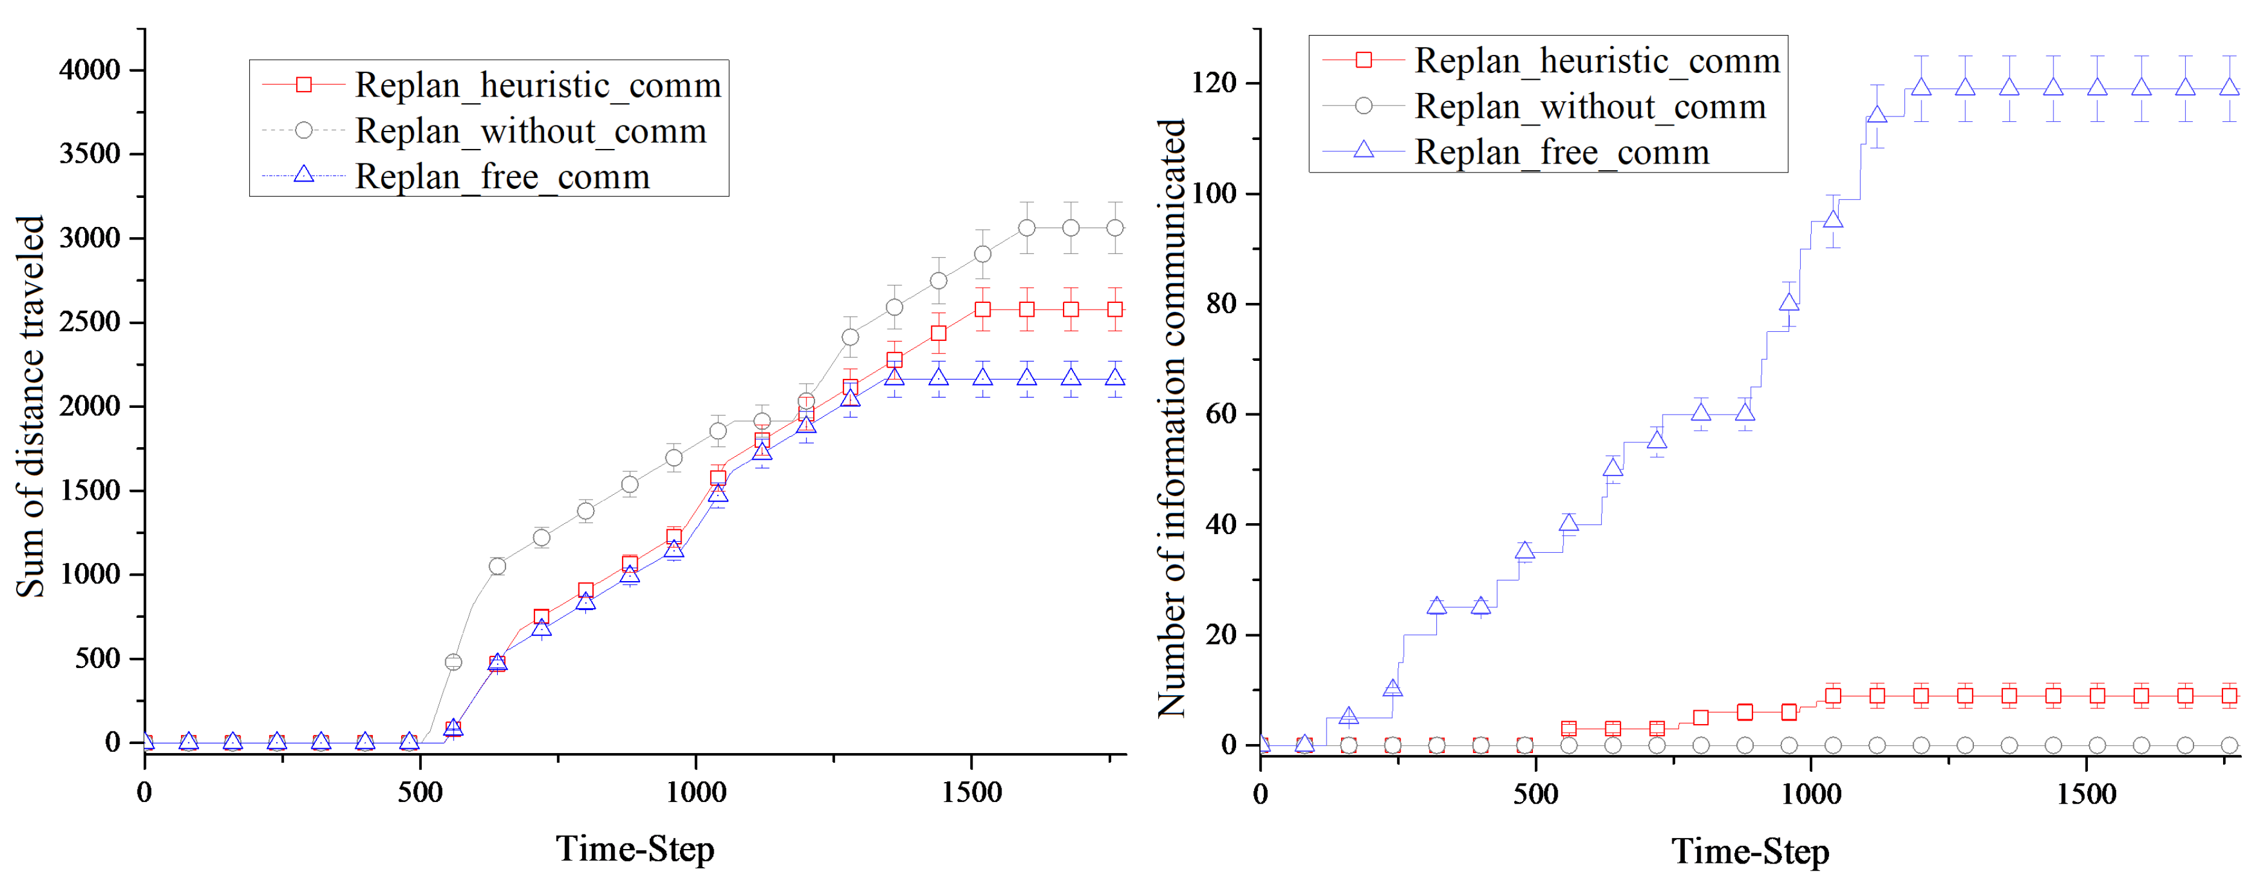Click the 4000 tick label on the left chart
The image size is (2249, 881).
(89, 70)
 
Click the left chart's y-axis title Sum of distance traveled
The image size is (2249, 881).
(31, 406)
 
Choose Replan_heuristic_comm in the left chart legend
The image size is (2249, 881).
(538, 86)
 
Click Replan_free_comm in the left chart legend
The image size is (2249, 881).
(502, 176)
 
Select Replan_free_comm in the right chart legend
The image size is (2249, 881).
(1562, 152)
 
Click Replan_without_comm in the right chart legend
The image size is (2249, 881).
(1590, 107)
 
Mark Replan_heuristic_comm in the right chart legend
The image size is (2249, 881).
(1597, 61)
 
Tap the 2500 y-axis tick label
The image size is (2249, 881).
(89, 322)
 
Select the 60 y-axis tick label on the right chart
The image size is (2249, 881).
(1222, 415)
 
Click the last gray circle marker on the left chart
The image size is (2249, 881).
(1115, 228)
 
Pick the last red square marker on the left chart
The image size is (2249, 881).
(1115, 310)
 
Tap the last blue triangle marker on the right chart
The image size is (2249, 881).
(2229, 87)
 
